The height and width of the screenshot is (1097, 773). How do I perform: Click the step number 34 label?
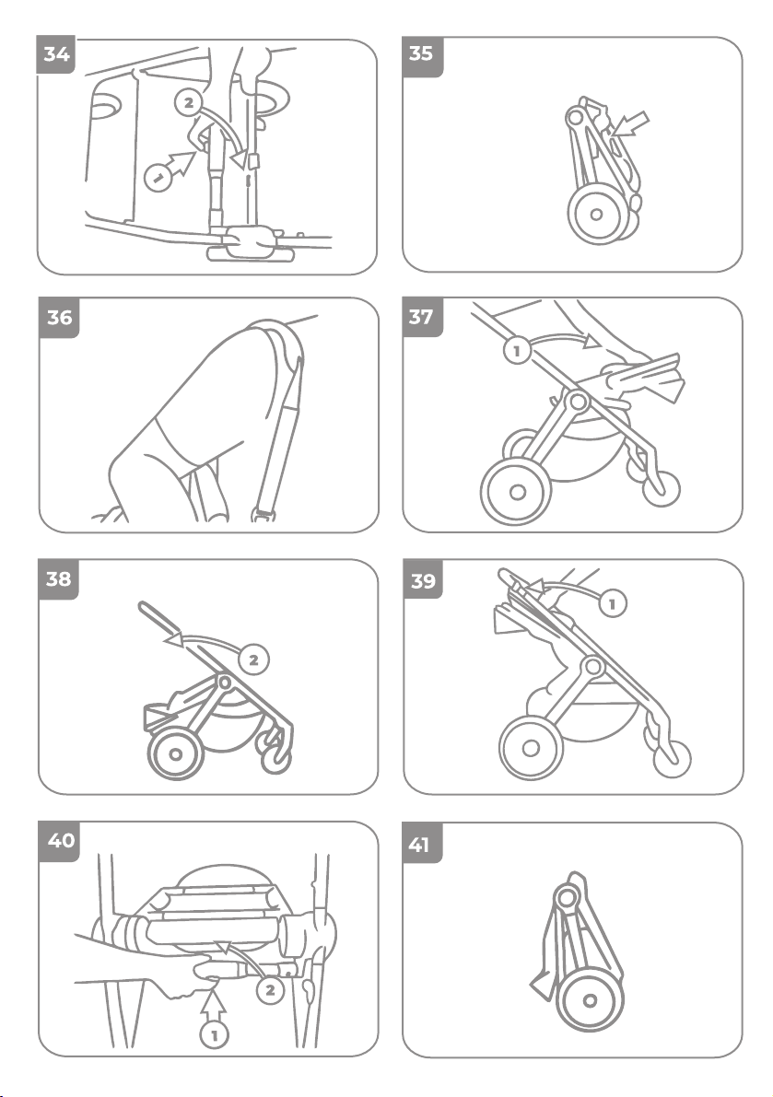pyautogui.click(x=56, y=54)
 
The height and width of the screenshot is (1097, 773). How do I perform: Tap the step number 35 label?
pyautogui.click(x=421, y=54)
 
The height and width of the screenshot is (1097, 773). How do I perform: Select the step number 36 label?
pyautogui.click(x=59, y=318)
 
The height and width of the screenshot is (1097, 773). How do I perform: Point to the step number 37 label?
pyautogui.click(x=421, y=317)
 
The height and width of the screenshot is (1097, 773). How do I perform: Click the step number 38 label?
pyautogui.click(x=58, y=579)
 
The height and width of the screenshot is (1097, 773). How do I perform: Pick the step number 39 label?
pyautogui.click(x=423, y=580)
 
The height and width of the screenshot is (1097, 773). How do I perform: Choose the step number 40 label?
pyautogui.click(x=60, y=840)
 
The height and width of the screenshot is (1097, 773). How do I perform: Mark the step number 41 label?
pyautogui.click(x=419, y=845)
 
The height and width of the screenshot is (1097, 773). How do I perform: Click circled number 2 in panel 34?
pyautogui.click(x=188, y=103)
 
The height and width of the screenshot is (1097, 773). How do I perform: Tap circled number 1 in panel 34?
pyautogui.click(x=158, y=176)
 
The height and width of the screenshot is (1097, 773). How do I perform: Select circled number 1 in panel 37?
pyautogui.click(x=517, y=350)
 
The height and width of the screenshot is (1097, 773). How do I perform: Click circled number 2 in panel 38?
pyautogui.click(x=253, y=659)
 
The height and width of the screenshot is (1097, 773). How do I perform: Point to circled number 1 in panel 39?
pyautogui.click(x=613, y=603)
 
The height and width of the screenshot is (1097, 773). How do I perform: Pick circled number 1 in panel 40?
pyautogui.click(x=215, y=1034)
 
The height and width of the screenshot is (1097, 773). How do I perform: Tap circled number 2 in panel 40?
pyautogui.click(x=270, y=990)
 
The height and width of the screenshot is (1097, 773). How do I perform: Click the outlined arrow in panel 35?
pyautogui.click(x=630, y=125)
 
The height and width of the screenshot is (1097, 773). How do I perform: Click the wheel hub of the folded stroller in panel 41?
pyautogui.click(x=590, y=1000)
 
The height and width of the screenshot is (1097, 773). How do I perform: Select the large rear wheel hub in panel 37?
pyautogui.click(x=518, y=492)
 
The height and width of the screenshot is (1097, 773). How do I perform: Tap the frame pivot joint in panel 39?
pyautogui.click(x=594, y=666)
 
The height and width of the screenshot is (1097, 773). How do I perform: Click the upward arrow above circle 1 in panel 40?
pyautogui.click(x=214, y=1006)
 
